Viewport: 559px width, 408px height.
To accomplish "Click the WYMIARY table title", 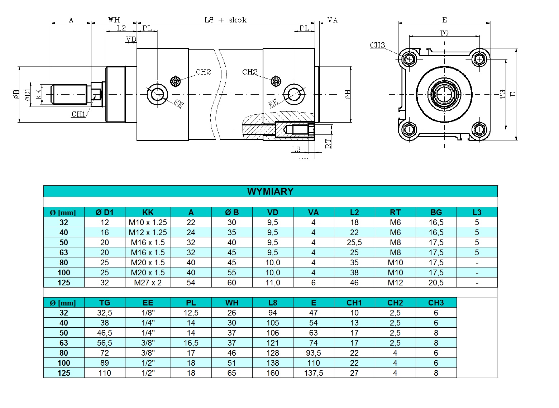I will point(270,191).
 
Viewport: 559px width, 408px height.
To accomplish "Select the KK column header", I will point(148,212).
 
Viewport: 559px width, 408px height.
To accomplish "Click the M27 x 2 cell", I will point(148,283).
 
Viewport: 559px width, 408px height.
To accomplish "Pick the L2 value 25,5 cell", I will point(354,242).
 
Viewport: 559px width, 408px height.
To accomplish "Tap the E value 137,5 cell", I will point(313,373).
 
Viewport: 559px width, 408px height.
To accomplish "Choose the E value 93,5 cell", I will point(313,353).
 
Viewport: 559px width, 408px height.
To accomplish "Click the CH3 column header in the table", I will point(436,303).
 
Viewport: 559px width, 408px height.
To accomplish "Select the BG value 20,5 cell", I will point(436,283).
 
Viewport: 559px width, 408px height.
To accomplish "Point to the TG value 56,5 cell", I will point(104,343).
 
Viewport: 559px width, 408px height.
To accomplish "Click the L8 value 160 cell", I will point(272,373).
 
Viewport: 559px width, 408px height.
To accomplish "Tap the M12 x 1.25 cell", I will point(148,232).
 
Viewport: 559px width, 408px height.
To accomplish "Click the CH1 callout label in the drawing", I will point(78,114).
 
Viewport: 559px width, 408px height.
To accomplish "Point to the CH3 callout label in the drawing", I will point(377,45).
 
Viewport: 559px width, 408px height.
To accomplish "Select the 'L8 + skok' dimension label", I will point(225,20).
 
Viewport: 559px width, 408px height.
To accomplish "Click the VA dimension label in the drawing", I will point(333,20).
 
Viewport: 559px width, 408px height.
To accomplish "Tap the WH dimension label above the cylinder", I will point(114,20).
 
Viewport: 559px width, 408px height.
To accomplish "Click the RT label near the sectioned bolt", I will point(328,143).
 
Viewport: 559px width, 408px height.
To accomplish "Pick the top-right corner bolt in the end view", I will point(479,58).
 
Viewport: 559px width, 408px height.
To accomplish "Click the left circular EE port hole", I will point(157,94).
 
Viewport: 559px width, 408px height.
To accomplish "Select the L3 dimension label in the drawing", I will point(296,150).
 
